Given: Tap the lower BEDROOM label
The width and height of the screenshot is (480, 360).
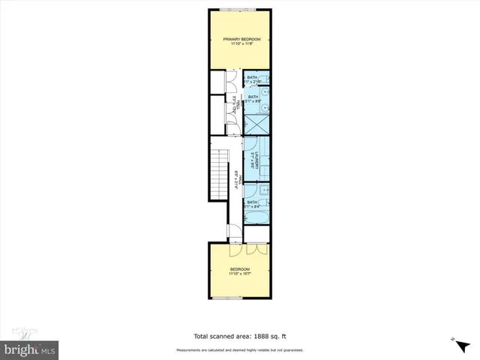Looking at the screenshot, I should point(239,269).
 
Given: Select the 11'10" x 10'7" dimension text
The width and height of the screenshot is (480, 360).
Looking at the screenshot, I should point(239,274).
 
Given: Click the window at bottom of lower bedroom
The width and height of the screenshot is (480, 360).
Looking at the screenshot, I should point(228,298).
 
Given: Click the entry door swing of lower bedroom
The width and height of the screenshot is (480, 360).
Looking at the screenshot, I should point(233,235).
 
